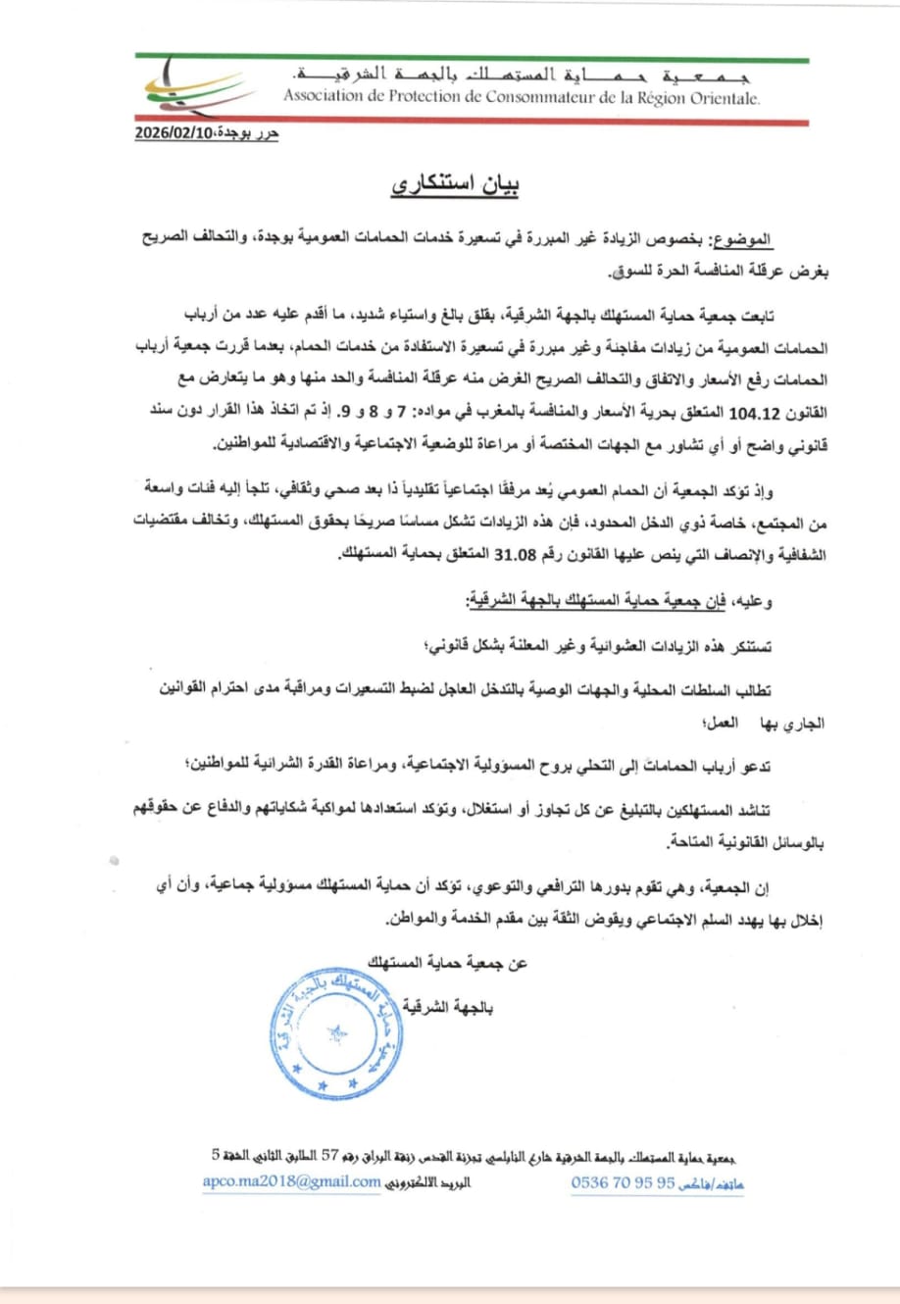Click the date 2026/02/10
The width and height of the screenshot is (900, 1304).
click(x=175, y=134)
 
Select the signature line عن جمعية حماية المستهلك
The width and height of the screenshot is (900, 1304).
click(x=447, y=964)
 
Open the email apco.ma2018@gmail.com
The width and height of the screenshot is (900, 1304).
click(x=291, y=1181)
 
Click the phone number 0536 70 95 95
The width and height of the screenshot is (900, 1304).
click(x=623, y=1182)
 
